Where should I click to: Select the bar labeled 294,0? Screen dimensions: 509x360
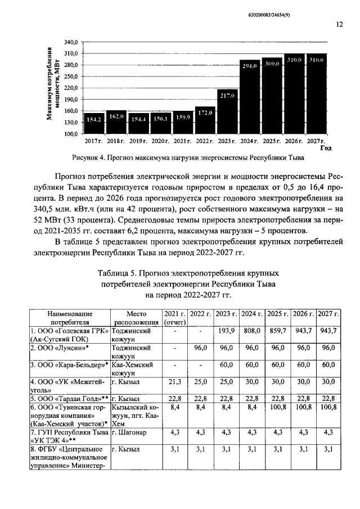249,97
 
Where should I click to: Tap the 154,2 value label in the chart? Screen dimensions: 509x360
93,119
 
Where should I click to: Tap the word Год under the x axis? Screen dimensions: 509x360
326,148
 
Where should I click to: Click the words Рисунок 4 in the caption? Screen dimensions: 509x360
89,157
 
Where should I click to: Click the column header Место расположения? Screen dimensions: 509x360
136,318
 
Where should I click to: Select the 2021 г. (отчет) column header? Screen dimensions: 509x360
174,318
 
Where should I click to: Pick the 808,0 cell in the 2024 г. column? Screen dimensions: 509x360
250,331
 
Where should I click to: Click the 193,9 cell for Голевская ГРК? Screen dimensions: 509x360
225,331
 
